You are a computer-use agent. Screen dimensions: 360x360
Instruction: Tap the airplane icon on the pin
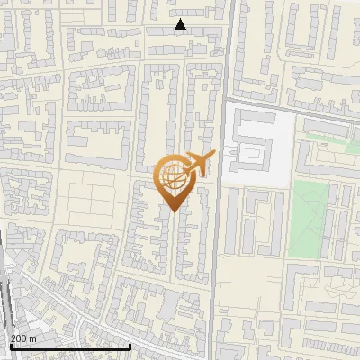point(198,164)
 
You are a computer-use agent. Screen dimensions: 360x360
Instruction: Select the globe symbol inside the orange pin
point(172,176)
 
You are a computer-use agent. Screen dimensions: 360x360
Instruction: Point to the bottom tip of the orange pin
point(174,212)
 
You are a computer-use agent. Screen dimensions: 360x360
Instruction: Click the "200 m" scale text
point(23,337)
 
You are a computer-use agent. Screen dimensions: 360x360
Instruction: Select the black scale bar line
point(70,346)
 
